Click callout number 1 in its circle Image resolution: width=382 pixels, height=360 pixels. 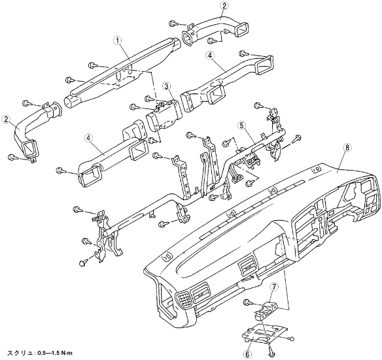point(118,41)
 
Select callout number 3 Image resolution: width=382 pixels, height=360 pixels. point(167,86)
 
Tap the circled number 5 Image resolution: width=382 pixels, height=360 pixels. point(241,125)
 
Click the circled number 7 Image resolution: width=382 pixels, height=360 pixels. point(274,287)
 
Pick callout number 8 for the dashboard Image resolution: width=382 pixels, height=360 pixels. point(347,147)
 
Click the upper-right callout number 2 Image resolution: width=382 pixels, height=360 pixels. point(224,6)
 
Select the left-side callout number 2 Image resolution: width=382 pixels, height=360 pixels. point(5,120)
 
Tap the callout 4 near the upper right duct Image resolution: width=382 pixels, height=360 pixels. point(210,56)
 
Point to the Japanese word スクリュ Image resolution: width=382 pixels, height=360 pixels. point(21,353)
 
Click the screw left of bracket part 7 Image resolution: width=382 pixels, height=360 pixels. point(247,303)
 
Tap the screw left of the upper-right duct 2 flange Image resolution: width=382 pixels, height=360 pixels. point(173,24)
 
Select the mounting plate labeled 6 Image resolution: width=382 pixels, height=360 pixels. point(264,333)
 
